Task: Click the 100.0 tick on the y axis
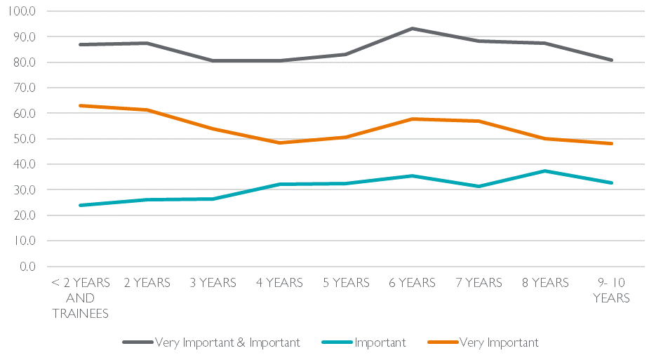click(23, 11)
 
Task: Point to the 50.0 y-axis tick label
click(25, 139)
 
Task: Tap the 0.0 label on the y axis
click(28, 267)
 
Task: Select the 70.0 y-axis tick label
click(25, 88)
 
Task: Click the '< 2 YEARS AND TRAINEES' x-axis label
click(81, 298)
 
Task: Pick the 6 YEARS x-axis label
click(412, 284)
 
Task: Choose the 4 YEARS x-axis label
click(279, 284)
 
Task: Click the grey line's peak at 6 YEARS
click(413, 29)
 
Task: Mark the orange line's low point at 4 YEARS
click(280, 142)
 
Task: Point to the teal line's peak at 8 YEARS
click(545, 171)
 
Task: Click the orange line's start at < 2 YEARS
click(81, 106)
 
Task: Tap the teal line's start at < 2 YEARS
click(81, 205)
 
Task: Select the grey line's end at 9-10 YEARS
click(612, 60)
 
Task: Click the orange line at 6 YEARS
click(413, 119)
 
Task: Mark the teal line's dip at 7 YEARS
click(479, 186)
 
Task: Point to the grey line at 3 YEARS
click(213, 61)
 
